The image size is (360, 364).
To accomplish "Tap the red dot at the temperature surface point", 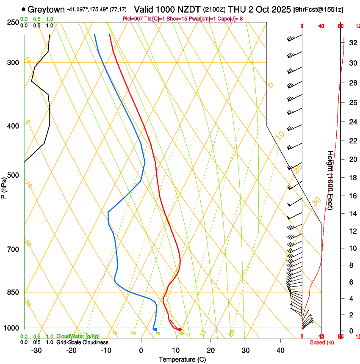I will tap(180, 329).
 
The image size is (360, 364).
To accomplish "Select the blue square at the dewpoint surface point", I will tap(156, 329).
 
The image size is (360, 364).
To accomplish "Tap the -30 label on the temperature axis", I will tap(36, 350).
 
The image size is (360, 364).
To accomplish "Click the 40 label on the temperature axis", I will tap(280, 350).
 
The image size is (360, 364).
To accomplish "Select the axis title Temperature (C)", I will tap(182, 359).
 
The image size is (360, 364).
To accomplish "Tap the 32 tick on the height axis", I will tap(352, 43).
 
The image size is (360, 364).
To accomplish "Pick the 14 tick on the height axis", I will tap(352, 214).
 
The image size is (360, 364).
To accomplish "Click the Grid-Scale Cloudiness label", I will tap(82, 342).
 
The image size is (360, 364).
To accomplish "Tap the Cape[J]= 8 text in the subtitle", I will tap(241, 19).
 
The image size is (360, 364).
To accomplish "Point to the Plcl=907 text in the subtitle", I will tap(132, 19).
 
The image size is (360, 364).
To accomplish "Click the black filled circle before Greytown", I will tap(23, 9).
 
